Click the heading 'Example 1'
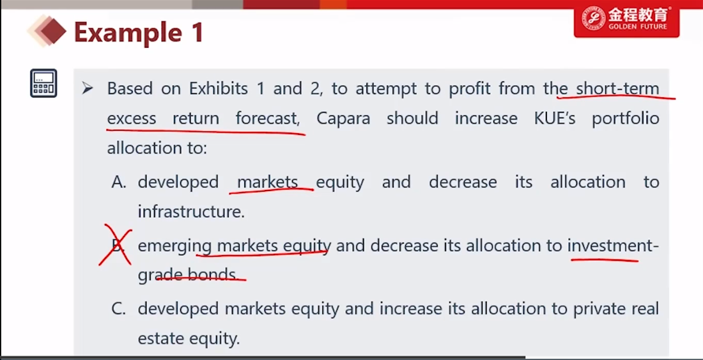(139, 32)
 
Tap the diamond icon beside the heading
(47, 31)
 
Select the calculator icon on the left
(43, 83)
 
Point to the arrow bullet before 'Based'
(88, 88)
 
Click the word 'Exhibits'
(219, 88)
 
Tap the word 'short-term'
(617, 88)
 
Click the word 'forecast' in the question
(267, 118)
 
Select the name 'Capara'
(343, 118)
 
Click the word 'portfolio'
(626, 119)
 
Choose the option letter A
(119, 182)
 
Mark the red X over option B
(116, 244)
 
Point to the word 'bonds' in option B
(211, 274)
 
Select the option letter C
(119, 309)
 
